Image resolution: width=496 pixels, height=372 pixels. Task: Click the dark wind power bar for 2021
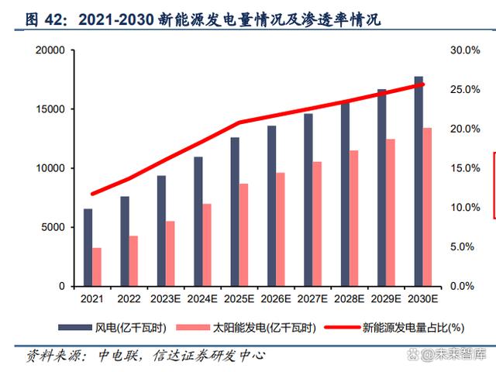88,247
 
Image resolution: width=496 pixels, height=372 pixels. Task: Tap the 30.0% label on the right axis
466,50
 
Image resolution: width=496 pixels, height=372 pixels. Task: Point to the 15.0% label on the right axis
466,168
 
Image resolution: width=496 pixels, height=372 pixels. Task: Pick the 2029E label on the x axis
386,298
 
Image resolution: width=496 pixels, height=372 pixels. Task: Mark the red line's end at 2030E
422,84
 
